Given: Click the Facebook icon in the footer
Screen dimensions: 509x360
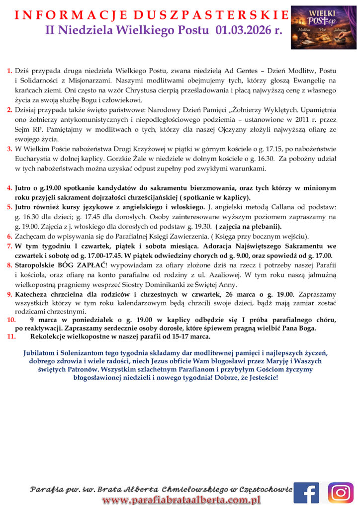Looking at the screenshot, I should (x=306, y=493).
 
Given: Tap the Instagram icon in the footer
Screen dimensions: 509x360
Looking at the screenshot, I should (x=341, y=493).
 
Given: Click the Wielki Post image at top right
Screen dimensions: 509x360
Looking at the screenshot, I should (x=323, y=27).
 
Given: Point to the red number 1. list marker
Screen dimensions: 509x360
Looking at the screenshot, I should (x=10, y=71).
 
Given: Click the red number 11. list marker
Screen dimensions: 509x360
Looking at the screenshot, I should (x=11, y=337).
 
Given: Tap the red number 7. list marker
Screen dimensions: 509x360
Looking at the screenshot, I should (x=10, y=246).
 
